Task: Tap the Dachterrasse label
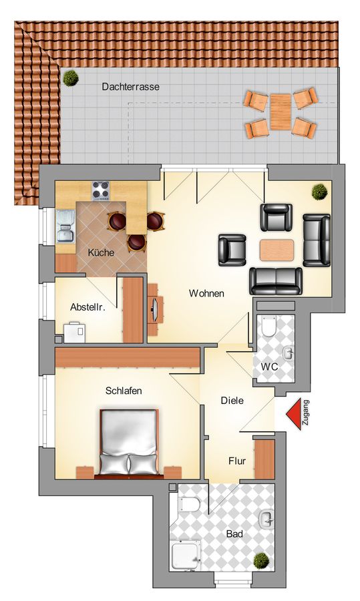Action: (130, 87)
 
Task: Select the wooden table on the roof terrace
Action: (281, 112)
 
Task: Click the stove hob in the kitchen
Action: (100, 190)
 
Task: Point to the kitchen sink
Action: (66, 226)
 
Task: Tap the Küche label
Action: (102, 252)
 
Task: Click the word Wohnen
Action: (206, 294)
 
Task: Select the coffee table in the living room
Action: (277, 250)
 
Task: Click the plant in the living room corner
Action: (319, 192)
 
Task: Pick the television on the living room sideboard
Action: (156, 310)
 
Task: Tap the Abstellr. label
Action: (87, 307)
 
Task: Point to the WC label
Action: (269, 367)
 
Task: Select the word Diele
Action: (232, 401)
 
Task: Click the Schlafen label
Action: (124, 391)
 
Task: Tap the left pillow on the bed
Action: (114, 464)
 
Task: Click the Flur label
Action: (237, 461)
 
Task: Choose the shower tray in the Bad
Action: (186, 555)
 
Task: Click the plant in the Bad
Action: (261, 560)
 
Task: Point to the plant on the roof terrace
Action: (71, 78)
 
